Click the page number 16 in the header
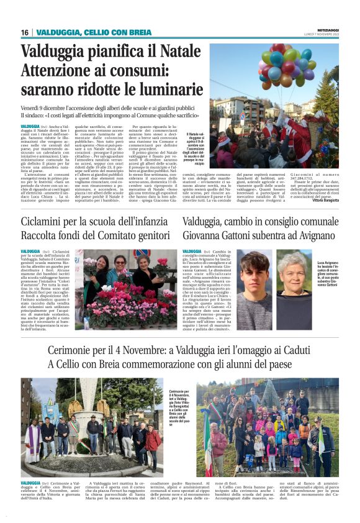coord(25,32)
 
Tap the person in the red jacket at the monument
coord(151,441)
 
